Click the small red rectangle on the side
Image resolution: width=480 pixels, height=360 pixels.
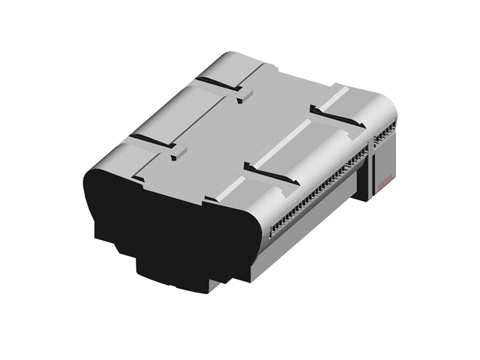point(385,182)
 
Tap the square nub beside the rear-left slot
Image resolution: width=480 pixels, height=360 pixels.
point(244,95)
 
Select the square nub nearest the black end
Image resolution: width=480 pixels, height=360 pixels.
point(177,154)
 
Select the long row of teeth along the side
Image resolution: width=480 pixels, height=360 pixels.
point(315,192)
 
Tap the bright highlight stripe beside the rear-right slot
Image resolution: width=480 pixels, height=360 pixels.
point(337,95)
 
